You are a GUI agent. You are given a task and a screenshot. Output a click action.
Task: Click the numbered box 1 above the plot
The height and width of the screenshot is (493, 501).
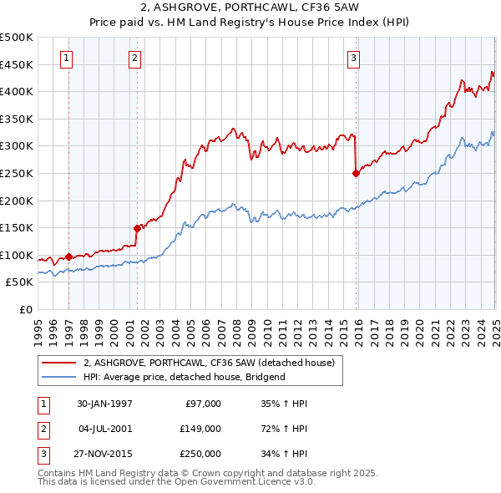click(66, 58)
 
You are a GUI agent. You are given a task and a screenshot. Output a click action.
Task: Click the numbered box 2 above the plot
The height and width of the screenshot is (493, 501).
click(134, 58)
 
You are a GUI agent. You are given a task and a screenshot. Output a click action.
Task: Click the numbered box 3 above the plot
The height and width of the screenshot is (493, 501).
click(354, 58)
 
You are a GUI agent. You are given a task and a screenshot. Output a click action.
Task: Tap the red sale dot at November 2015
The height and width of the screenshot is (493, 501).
click(356, 174)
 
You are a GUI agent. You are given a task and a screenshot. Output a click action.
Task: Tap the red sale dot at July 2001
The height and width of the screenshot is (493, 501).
click(137, 227)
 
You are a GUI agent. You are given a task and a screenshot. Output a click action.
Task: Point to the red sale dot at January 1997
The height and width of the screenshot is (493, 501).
click(68, 257)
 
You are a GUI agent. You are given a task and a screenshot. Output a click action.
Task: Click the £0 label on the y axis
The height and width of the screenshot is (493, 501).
click(26, 309)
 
